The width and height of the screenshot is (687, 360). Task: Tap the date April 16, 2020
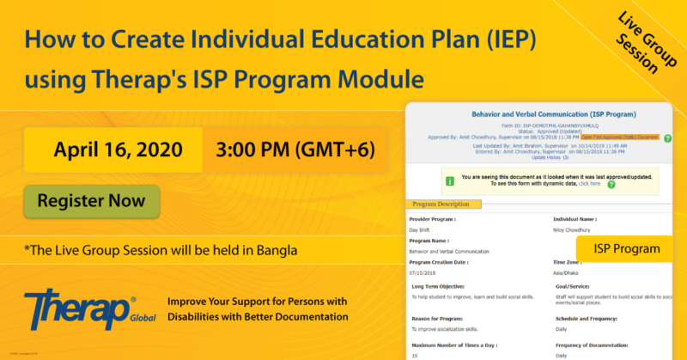point(118,149)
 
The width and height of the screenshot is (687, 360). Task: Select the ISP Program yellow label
point(625,249)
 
